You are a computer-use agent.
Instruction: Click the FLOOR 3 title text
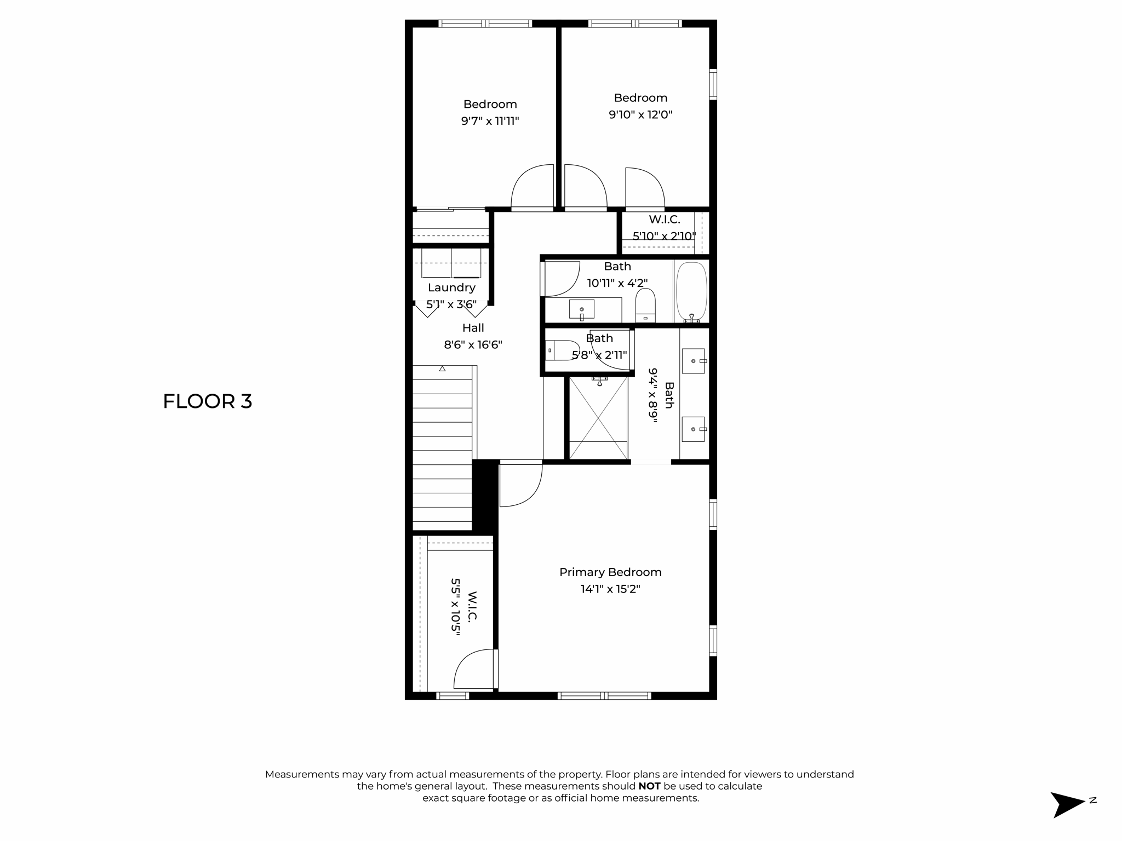[x=207, y=401]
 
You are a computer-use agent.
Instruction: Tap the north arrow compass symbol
[x=1068, y=804]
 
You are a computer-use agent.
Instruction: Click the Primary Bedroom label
[x=610, y=572]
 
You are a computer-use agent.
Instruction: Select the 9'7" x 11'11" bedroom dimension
[x=490, y=121]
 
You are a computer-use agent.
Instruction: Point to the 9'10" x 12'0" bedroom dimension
[x=640, y=115]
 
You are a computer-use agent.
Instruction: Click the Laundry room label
[x=451, y=287]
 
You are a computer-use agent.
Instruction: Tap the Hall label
[x=473, y=328]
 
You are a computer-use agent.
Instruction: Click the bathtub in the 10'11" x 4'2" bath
[x=691, y=291]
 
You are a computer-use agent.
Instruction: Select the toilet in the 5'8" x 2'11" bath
[x=562, y=350]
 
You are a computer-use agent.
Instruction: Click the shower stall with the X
[x=598, y=418]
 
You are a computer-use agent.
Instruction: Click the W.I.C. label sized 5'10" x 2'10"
[x=665, y=220]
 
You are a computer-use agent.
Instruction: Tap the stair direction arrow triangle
[x=442, y=369]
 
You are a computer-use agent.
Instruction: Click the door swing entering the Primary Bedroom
[x=520, y=484]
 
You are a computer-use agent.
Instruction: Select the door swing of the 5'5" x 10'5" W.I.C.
[x=474, y=669]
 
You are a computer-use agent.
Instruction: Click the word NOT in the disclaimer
[x=649, y=786]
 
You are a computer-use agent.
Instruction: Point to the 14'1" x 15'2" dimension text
[x=610, y=589]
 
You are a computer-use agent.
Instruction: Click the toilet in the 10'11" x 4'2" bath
[x=645, y=305]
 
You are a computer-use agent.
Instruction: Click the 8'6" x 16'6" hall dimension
[x=473, y=345]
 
